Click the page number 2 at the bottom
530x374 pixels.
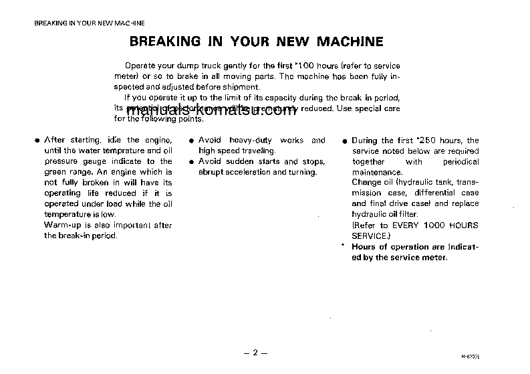[x=255, y=351]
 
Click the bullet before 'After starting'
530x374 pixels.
[x=37, y=141]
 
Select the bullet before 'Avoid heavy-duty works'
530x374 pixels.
[x=191, y=141]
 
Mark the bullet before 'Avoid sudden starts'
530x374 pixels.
[x=191, y=162]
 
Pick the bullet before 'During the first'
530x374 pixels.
[x=344, y=141]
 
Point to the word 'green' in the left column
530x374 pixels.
[x=55, y=172]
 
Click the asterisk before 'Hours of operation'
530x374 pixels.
[x=342, y=245]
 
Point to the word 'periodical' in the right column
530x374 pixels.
[x=461, y=162]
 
